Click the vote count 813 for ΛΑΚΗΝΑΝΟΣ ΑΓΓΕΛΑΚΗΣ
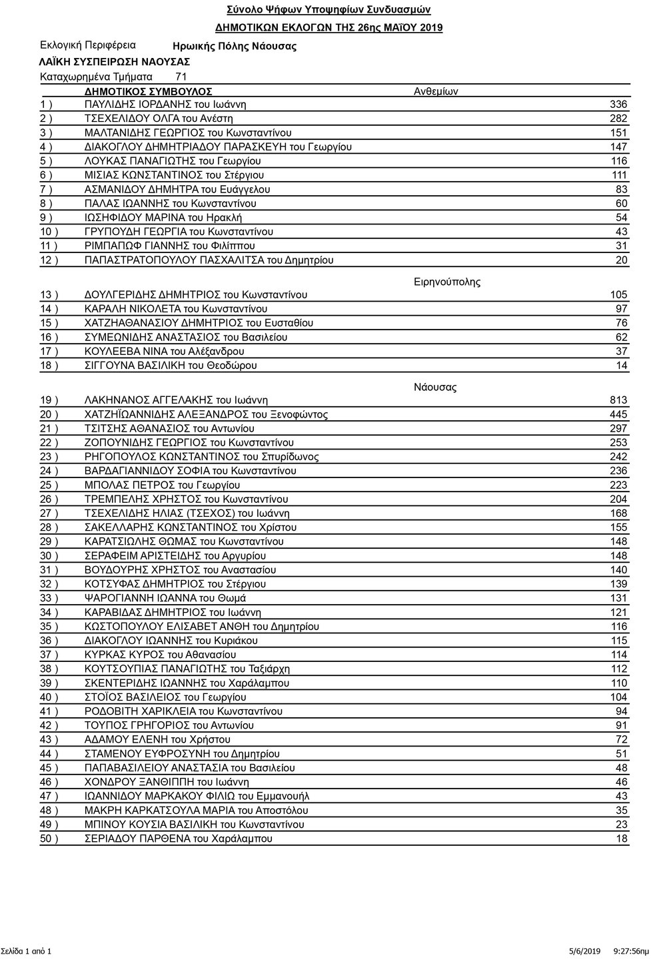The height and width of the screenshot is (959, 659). pos(618,400)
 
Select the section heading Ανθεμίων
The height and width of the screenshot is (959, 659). pos(436,91)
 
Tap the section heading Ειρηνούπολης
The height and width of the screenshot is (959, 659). pos(447,282)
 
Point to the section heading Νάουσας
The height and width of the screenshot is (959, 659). pos(435,387)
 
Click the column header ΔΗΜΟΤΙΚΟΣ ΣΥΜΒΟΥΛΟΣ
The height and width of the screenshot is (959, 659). pos(149,91)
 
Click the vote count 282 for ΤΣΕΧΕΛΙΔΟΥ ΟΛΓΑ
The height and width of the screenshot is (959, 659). pos(618,119)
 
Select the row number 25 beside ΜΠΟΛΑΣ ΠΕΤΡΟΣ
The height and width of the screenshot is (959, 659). pos(49,485)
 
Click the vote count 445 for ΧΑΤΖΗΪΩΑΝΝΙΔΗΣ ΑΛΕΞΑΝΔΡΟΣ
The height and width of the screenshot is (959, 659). pos(618,414)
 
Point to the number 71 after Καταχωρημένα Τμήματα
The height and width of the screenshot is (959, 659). pos(181,77)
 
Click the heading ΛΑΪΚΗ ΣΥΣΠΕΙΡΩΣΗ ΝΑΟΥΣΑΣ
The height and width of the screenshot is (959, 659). pos(115,62)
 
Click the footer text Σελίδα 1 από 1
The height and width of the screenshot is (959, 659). pos(26,951)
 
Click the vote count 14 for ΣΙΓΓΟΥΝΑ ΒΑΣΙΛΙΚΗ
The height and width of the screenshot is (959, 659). pos(622,366)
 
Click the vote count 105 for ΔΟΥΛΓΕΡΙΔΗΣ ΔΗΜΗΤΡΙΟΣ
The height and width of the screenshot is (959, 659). pos(618,295)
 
